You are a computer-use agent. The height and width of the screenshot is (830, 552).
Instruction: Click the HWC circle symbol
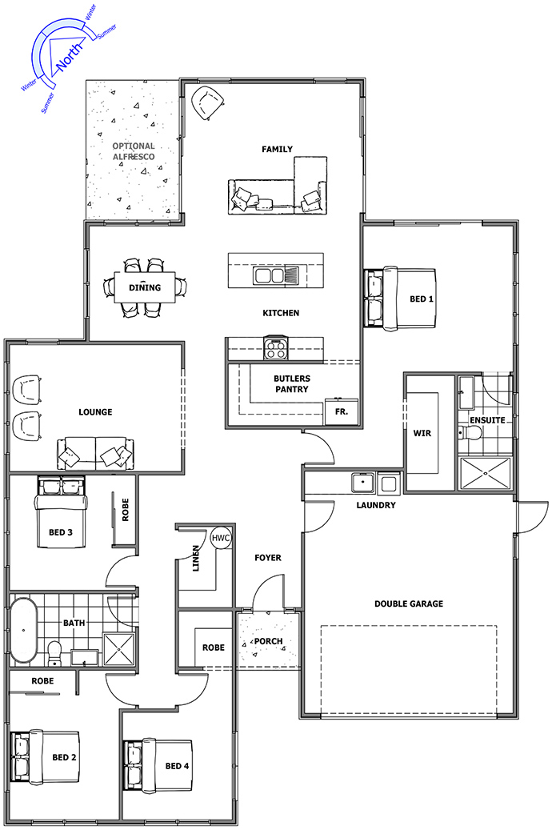click(221, 538)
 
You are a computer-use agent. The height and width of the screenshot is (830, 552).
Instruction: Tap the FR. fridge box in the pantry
click(342, 411)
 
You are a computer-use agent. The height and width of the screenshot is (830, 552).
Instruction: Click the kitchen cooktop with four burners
click(276, 349)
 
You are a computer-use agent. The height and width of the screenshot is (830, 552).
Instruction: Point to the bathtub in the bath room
click(23, 630)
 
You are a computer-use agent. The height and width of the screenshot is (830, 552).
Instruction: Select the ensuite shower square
click(486, 473)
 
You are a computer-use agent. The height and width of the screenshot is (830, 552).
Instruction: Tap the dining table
click(145, 287)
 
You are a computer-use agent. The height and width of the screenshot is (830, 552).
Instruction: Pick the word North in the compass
click(70, 56)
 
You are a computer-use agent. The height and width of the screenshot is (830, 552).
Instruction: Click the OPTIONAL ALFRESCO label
click(134, 151)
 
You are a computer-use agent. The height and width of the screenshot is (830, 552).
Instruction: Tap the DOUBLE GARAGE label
click(409, 603)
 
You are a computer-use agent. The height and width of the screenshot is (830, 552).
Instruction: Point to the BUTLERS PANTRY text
click(292, 383)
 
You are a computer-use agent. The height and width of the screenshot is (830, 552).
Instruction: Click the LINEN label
click(196, 558)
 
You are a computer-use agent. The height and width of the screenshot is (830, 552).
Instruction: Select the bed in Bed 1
click(401, 299)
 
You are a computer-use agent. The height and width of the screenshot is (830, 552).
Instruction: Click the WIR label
click(422, 433)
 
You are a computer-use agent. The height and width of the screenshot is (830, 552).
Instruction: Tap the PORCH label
click(268, 641)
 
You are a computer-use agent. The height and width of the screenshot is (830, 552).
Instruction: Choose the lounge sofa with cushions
click(95, 453)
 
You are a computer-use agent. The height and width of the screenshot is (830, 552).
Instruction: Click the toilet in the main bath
click(54, 653)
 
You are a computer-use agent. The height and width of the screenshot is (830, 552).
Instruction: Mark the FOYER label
click(268, 557)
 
